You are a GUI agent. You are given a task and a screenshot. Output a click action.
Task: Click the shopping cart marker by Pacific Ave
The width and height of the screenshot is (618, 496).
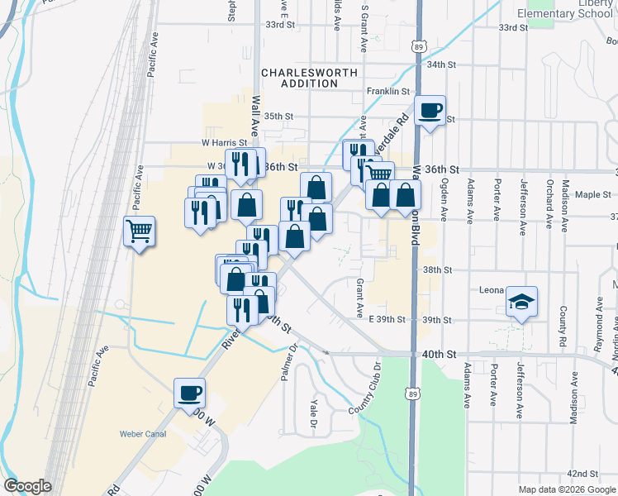140,231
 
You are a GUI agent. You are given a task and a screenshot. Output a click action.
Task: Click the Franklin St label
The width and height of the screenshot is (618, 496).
388,91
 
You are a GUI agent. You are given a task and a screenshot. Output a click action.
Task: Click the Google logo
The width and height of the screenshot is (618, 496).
28,486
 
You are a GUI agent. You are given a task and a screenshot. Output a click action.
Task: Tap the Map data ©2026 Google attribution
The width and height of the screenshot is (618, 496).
567,489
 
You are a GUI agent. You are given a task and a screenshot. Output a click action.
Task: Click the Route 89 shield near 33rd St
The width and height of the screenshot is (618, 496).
420,45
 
